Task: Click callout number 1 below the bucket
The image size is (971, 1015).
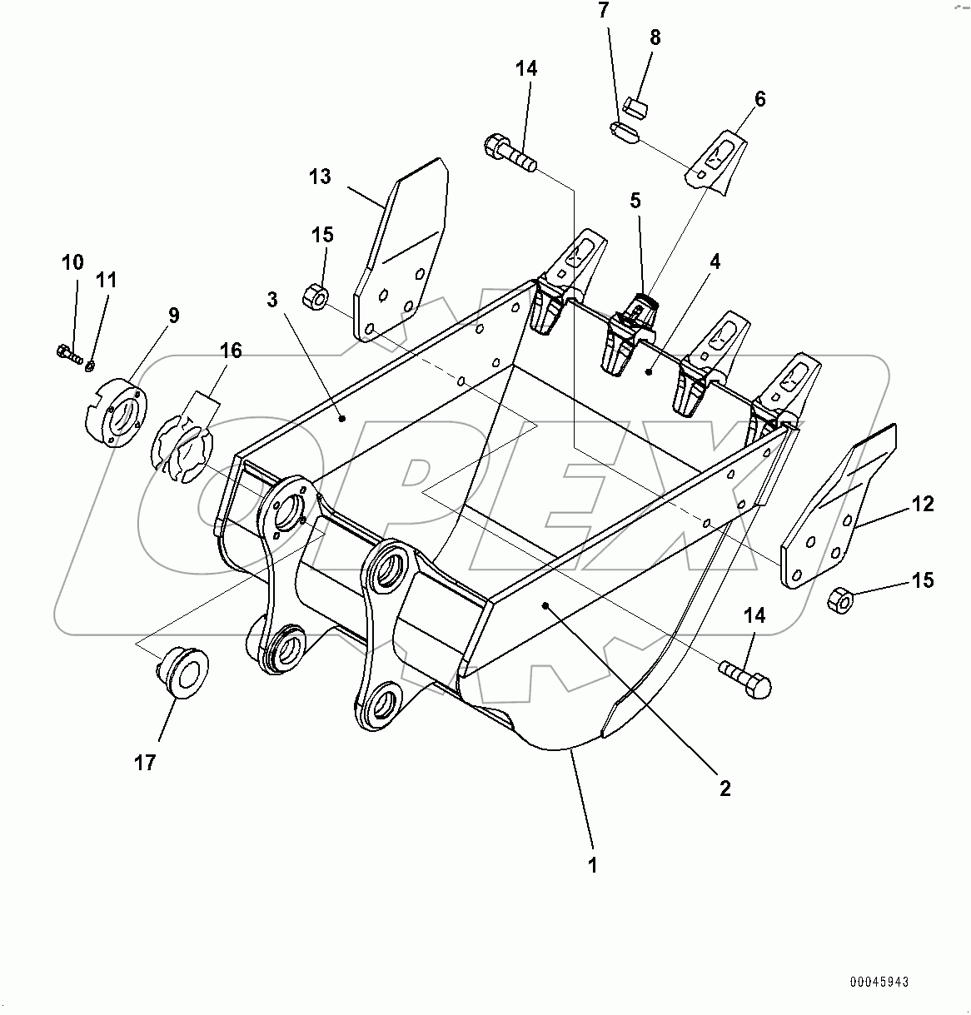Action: (x=592, y=865)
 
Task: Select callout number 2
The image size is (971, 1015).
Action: (x=725, y=788)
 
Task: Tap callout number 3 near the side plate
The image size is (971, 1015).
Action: (x=272, y=300)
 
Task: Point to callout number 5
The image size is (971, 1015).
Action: (x=635, y=200)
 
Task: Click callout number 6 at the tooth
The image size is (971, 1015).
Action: (x=759, y=99)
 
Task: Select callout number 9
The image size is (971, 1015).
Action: (x=173, y=315)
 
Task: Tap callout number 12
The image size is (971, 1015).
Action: (x=922, y=504)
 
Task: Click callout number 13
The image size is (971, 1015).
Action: (x=320, y=177)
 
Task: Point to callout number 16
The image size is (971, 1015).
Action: (x=231, y=351)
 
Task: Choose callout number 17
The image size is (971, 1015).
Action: (x=145, y=761)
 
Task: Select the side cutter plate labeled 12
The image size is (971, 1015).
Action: (x=837, y=508)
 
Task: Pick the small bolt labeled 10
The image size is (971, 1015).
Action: (x=67, y=354)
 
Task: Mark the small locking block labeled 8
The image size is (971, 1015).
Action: (x=637, y=107)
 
